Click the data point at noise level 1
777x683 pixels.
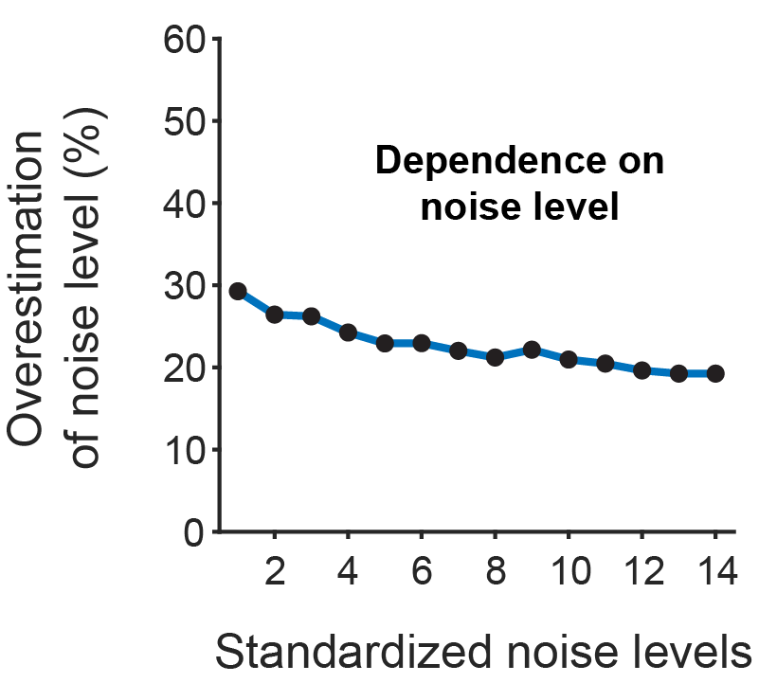238,292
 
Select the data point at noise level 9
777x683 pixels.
532,350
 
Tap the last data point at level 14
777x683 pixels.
714,373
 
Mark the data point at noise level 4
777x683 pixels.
348,333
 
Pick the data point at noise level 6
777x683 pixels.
422,343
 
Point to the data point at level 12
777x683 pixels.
641,370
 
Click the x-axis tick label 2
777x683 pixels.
275,575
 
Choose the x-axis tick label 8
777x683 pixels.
495,575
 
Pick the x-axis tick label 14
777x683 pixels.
714,575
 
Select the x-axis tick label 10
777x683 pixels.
568,575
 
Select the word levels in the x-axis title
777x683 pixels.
691,654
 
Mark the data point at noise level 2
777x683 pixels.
275,315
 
